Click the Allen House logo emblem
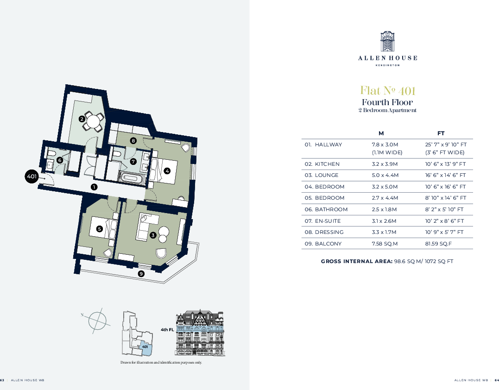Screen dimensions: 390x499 [387, 42]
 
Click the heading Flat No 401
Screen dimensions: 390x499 [387, 90]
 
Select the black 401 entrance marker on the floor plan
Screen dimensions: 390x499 [32, 176]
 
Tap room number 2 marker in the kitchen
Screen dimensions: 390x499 [82, 119]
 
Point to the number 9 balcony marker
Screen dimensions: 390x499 [141, 274]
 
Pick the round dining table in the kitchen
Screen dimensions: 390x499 [93, 122]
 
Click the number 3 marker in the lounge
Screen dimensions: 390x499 [153, 235]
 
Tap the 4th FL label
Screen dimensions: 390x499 [167, 330]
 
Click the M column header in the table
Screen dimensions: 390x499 [381, 133]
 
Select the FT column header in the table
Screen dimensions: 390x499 [441, 133]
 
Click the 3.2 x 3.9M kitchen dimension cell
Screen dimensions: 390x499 [385, 164]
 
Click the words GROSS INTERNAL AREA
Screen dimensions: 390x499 [356, 261]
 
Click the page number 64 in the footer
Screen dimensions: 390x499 [497, 380]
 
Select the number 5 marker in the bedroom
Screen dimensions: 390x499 [99, 228]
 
